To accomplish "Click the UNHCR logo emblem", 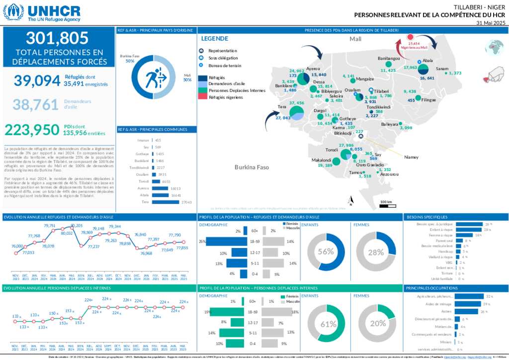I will click(13, 12).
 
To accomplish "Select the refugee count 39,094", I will click(37, 81).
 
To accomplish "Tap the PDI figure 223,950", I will click(32, 130).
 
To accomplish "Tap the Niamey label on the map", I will click(411, 157).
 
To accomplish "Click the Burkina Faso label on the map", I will click(252, 167).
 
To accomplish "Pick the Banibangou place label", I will click(389, 59).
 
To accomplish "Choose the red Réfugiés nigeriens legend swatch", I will click(203, 97).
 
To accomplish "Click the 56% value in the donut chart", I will click(326, 252).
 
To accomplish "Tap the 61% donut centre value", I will click(328, 324).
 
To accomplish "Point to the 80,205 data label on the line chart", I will click(76, 225).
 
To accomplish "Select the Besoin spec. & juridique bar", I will click(469, 224).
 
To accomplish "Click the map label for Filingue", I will click(428, 100).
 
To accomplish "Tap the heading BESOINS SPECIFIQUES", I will click(426, 217).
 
